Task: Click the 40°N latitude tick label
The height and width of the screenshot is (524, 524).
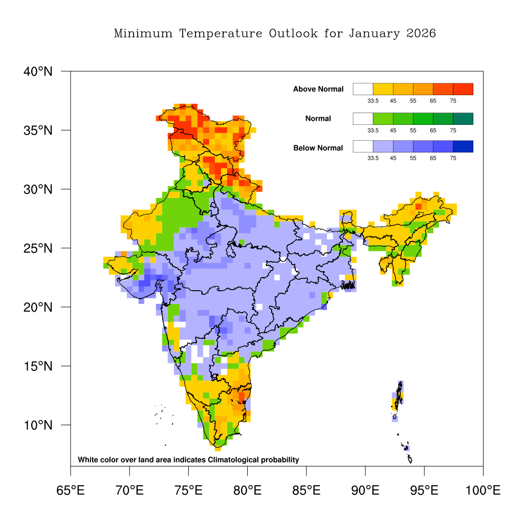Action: tap(38, 72)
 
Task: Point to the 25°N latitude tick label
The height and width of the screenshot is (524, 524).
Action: tap(38, 249)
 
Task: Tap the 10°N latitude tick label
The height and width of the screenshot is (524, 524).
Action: tap(38, 426)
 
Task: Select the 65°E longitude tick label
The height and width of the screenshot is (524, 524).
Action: tap(70, 491)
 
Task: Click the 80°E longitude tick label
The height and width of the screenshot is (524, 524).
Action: tap(247, 491)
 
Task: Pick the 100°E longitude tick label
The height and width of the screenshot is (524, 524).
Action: tap(483, 491)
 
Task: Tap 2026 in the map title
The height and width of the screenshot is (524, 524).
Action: tap(421, 34)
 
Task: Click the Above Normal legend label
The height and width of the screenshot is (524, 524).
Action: tap(318, 89)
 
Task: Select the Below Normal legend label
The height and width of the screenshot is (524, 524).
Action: tap(318, 148)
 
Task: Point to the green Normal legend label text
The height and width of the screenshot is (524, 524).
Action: tap(318, 119)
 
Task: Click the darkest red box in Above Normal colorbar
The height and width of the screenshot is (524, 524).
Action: tap(463, 89)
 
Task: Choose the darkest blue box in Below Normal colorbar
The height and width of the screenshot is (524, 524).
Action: tap(463, 146)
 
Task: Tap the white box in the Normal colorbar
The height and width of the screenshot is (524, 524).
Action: tap(363, 119)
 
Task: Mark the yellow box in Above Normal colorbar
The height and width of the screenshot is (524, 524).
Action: tap(383, 89)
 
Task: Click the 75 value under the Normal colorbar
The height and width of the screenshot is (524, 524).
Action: tap(453, 130)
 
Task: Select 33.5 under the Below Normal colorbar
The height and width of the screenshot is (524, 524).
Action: tap(373, 158)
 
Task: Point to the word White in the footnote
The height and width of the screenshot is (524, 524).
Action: tap(87, 460)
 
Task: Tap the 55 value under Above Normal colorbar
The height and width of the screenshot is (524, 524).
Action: tap(413, 101)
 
